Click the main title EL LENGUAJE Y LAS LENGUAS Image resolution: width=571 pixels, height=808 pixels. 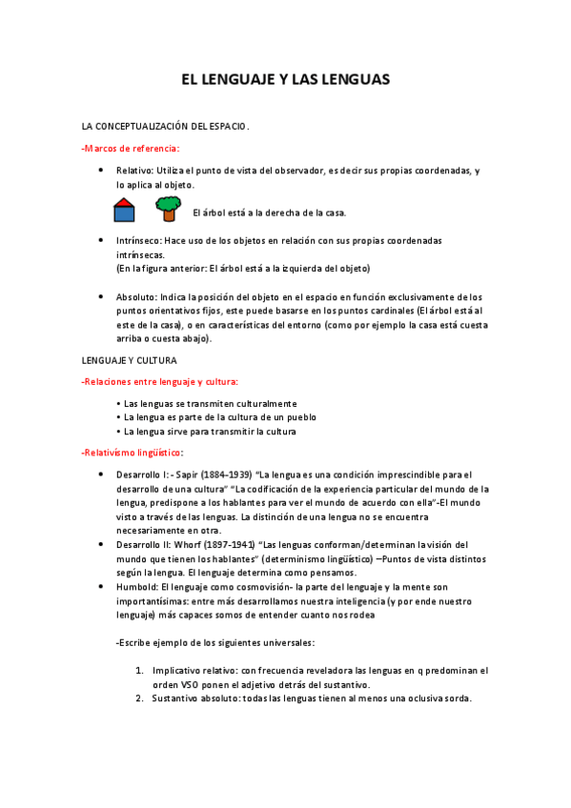[x=285, y=81]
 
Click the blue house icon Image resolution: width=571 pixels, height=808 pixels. [x=124, y=210]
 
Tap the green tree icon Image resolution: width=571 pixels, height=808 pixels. [x=168, y=208]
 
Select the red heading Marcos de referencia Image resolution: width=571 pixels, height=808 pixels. [x=131, y=148]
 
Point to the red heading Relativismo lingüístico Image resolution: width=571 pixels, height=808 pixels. [x=133, y=452]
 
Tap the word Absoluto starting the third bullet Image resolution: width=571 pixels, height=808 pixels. [x=136, y=297]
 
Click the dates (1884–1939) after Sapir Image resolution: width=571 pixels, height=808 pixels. [x=224, y=474]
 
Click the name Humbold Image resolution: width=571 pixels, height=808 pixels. [x=137, y=587]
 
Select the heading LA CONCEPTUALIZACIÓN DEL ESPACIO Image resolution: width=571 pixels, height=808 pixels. [x=165, y=126]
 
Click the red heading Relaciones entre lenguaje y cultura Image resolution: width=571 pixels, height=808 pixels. [x=160, y=382]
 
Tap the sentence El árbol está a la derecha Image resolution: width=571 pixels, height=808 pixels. [x=269, y=212]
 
